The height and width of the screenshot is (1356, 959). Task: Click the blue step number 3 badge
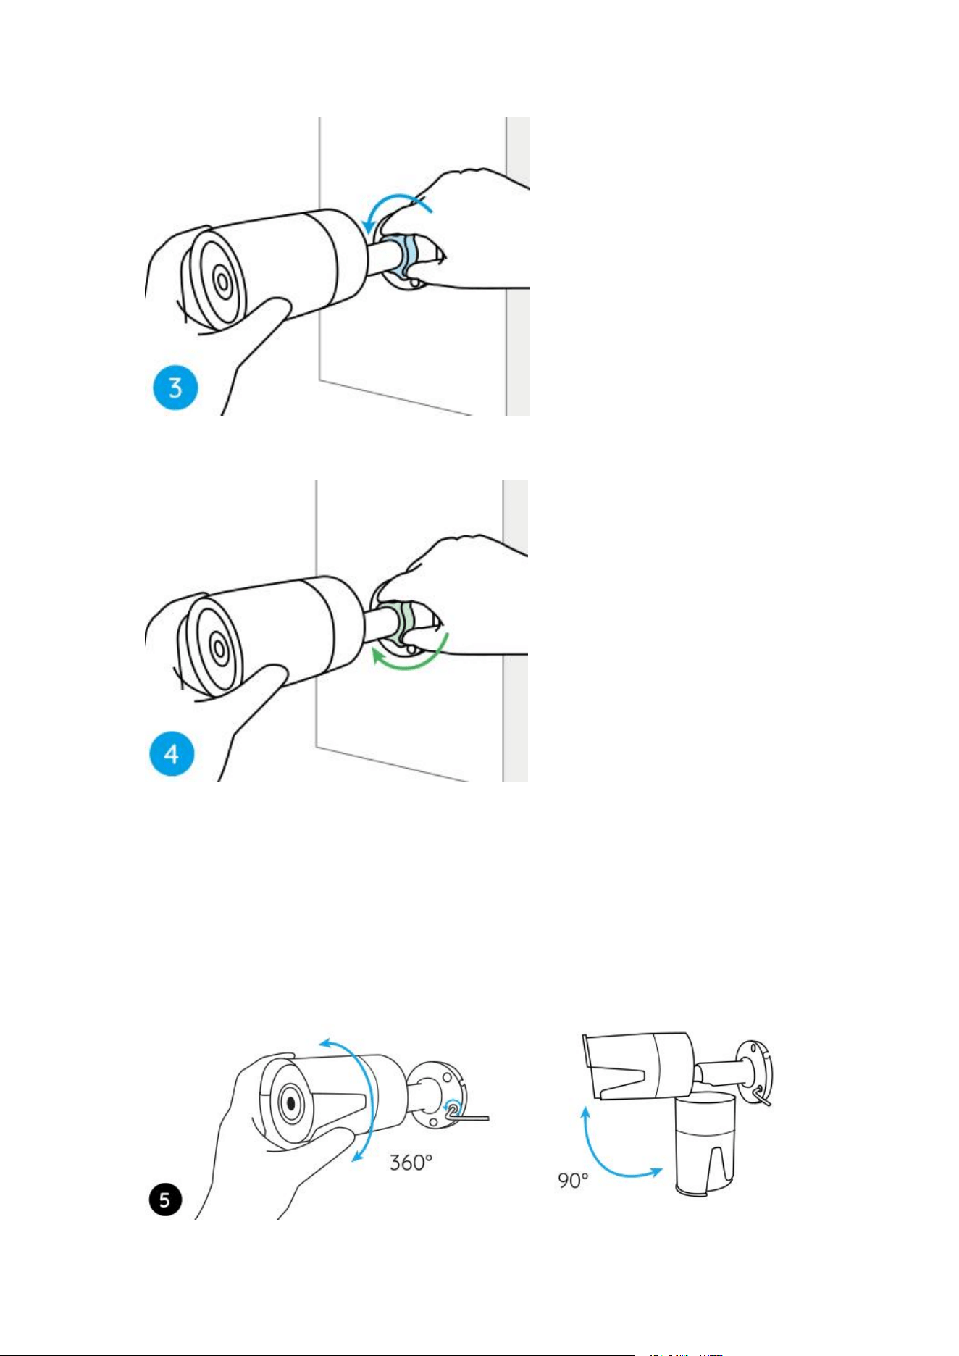[175, 388]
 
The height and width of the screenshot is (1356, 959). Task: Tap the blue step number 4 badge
[172, 754]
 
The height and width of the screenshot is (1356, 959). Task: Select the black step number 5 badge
[165, 1200]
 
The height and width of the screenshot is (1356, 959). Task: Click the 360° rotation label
[411, 1163]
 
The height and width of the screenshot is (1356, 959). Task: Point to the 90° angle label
[573, 1181]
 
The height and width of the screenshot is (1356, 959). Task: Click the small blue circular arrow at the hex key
[453, 1108]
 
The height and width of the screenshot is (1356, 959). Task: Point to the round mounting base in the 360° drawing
[437, 1095]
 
